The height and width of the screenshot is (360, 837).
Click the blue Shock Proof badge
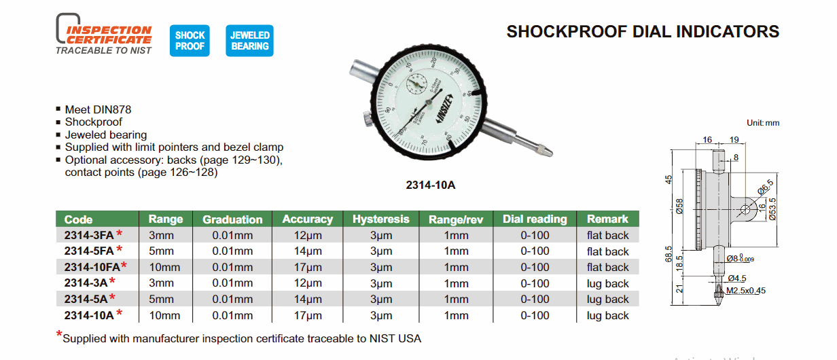(190, 41)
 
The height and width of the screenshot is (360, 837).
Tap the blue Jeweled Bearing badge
(249, 41)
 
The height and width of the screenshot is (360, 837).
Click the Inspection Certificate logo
(104, 35)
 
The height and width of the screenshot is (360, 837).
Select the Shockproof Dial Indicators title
(643, 32)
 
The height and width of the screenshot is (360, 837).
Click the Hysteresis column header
(381, 219)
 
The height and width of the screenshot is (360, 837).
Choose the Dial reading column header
(535, 219)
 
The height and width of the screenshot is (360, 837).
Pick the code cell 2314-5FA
(89, 251)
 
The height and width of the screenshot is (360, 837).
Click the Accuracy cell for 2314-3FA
(303, 236)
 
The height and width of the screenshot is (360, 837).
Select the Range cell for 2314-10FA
(164, 267)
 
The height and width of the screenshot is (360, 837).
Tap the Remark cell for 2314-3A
(608, 283)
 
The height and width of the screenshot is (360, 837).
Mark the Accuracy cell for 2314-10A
(303, 315)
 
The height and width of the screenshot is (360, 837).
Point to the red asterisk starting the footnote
(58, 335)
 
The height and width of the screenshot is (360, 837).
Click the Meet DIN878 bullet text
(98, 109)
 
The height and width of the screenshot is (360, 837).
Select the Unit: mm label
(762, 123)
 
